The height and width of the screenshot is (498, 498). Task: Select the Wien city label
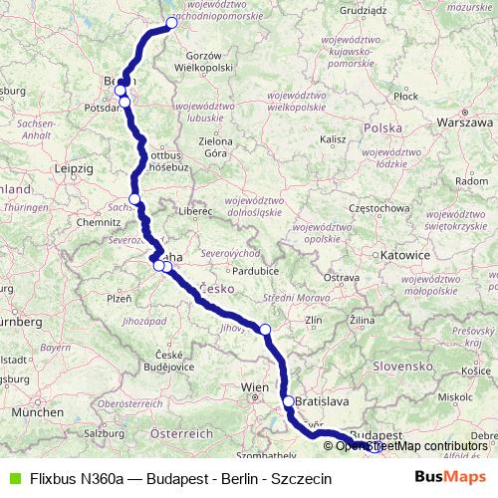coord(256,385)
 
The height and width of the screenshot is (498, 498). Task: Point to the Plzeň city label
coord(119,297)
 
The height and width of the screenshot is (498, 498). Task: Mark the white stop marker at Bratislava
coord(289,401)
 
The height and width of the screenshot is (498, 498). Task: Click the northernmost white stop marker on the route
coord(171,22)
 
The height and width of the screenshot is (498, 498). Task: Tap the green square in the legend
coord(12,478)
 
